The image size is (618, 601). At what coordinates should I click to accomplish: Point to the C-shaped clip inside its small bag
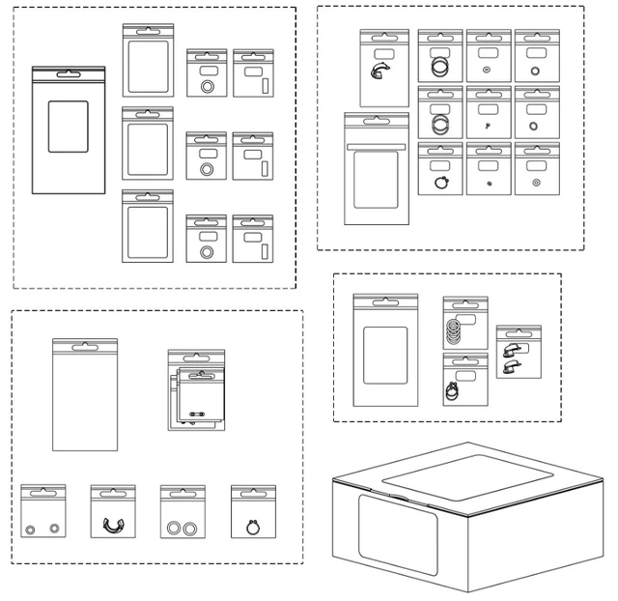[x=113, y=525]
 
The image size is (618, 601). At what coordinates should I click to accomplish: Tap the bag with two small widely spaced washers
[x=43, y=512]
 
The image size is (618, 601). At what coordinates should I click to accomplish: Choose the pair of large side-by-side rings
[x=183, y=528]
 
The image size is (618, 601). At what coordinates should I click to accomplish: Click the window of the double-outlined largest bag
[x=68, y=127]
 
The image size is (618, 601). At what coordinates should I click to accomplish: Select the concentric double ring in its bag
[x=537, y=182]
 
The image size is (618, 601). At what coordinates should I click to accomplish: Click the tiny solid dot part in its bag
[x=490, y=181]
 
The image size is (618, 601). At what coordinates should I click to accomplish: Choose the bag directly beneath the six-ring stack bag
[x=464, y=380]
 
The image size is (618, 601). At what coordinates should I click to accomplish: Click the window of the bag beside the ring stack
[x=384, y=354]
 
